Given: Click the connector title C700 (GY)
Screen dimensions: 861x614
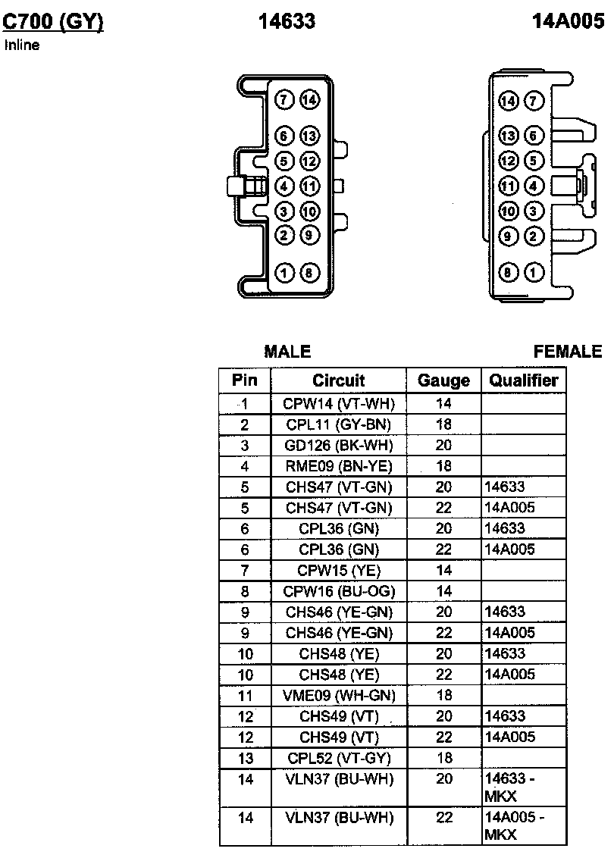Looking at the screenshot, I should (x=53, y=22).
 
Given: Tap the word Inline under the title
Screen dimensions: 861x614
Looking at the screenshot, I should (x=22, y=45).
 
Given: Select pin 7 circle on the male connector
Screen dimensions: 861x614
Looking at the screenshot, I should (x=284, y=100).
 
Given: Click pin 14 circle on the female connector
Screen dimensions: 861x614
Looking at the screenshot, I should (x=509, y=101).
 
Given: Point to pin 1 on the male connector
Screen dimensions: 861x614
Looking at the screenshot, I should (x=284, y=273).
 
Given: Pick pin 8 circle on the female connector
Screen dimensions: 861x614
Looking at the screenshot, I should (x=509, y=273).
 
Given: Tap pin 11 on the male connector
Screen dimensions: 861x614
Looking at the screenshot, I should (x=309, y=186).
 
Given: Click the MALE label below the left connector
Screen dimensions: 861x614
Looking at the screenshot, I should (x=287, y=352).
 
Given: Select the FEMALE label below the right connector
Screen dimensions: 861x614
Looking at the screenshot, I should (x=568, y=352).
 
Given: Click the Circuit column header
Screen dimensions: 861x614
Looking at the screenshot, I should (x=338, y=380).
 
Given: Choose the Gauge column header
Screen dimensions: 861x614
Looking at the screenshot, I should (x=444, y=380).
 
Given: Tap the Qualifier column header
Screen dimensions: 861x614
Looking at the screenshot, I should (x=524, y=380).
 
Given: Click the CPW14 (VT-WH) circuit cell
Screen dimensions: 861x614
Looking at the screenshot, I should (x=339, y=403).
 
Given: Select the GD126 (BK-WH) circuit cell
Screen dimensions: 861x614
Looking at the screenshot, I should (x=339, y=445).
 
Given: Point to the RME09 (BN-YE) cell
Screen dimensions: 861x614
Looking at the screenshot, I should (x=339, y=465).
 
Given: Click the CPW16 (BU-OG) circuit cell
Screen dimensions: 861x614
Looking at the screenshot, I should (x=339, y=590).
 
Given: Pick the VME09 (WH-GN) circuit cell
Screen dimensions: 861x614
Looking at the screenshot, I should (x=339, y=695).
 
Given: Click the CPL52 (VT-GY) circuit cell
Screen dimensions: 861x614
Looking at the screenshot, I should (x=339, y=757).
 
